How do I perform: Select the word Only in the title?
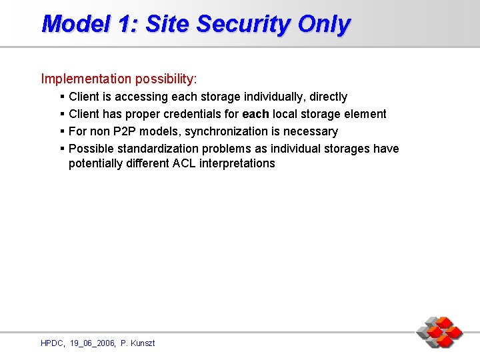[324, 24]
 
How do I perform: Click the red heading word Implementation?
[86, 79]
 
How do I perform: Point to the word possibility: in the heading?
[166, 79]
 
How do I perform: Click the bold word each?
[255, 114]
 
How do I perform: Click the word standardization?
[157, 149]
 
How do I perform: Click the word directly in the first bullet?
[328, 97]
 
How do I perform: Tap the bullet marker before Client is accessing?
[62, 97]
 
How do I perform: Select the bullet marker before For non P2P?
[62, 131]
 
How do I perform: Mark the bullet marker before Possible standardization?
[62, 149]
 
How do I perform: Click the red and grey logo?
[439, 332]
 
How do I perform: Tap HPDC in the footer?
[53, 343]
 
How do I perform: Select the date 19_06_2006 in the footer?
[91, 343]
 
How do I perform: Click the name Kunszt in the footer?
[143, 343]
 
